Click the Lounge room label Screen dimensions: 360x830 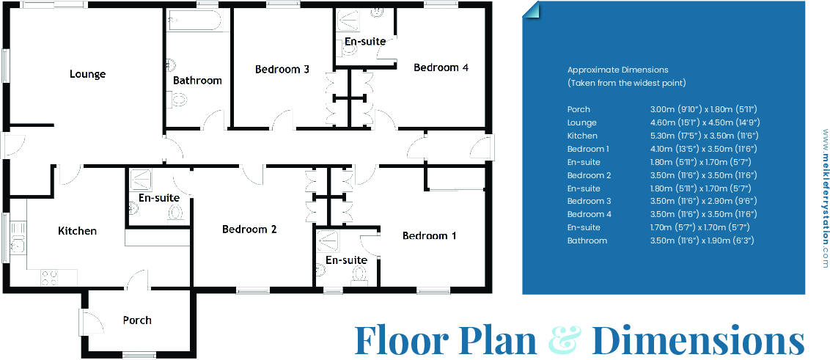[x=87, y=74]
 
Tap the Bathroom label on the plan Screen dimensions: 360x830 [x=197, y=81]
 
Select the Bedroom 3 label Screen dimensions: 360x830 [x=282, y=70]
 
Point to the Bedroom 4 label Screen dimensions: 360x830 [x=441, y=67]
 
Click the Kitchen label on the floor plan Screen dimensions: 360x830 [x=77, y=231]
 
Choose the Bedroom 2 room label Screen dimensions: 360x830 [x=249, y=229]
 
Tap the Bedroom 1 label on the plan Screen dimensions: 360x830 [x=429, y=236]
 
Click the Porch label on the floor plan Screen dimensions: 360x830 [x=137, y=320]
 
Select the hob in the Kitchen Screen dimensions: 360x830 [x=49, y=278]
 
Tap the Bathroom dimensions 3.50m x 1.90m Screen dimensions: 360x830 [x=702, y=240]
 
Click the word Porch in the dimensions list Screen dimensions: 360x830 [x=579, y=109]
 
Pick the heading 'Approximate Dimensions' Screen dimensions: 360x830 [x=617, y=70]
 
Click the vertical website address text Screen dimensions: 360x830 [x=824, y=199]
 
